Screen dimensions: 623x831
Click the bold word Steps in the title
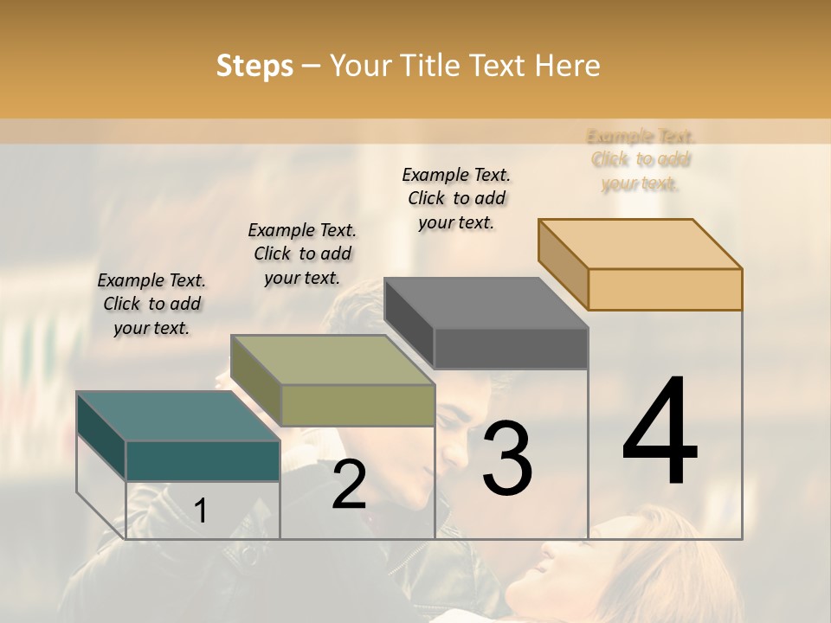[x=254, y=66]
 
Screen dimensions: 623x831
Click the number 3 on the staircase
[x=507, y=458]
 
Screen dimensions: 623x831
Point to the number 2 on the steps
[x=349, y=485]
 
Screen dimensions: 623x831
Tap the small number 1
[x=201, y=511]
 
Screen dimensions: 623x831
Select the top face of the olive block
[x=332, y=360]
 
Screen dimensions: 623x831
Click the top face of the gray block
[x=486, y=303]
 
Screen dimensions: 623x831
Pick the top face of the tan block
[x=641, y=244]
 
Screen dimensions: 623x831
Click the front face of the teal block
[x=203, y=460]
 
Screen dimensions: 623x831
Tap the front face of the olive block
[x=358, y=405]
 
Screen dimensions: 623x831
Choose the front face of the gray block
[x=511, y=349]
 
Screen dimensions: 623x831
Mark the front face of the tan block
[x=665, y=289]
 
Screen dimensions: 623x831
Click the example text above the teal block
[x=151, y=304]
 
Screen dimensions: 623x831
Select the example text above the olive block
[x=302, y=254]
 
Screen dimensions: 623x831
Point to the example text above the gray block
[x=456, y=198]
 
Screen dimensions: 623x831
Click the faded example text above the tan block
[x=641, y=160]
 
